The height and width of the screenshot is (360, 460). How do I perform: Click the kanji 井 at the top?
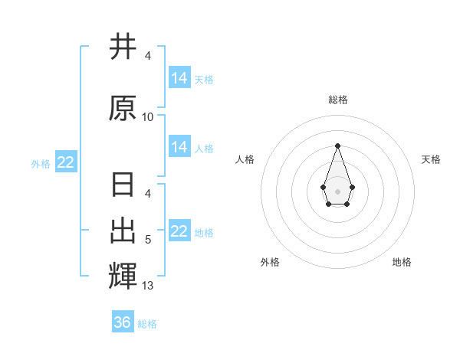[x=123, y=47]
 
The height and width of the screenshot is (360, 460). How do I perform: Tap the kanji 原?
[x=123, y=108]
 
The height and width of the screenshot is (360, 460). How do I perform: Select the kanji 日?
[x=123, y=186]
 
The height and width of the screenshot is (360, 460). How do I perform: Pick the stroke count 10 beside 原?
[x=148, y=117]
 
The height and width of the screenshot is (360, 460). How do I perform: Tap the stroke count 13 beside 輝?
[x=148, y=286]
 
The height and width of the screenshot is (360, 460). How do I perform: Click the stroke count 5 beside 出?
[x=148, y=240]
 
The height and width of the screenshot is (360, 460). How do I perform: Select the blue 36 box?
[x=123, y=322]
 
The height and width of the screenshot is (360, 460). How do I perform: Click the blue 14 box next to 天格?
[x=179, y=78]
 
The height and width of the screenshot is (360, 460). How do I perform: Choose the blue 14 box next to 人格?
[x=179, y=147]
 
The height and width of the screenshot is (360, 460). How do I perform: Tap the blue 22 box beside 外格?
[x=66, y=162]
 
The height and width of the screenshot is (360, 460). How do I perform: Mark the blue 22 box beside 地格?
[x=179, y=231]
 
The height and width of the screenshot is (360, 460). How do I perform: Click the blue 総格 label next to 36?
[x=147, y=324]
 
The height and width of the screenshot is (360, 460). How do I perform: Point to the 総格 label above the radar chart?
[x=337, y=100]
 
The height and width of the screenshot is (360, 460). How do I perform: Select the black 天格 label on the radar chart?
[x=431, y=159]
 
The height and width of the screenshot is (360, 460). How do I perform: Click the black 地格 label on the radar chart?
[x=402, y=262]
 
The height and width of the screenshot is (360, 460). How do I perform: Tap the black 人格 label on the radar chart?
[x=245, y=159]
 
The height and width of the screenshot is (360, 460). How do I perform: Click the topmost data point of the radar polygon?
[x=337, y=146]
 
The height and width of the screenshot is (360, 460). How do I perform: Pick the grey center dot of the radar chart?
[x=337, y=190]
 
